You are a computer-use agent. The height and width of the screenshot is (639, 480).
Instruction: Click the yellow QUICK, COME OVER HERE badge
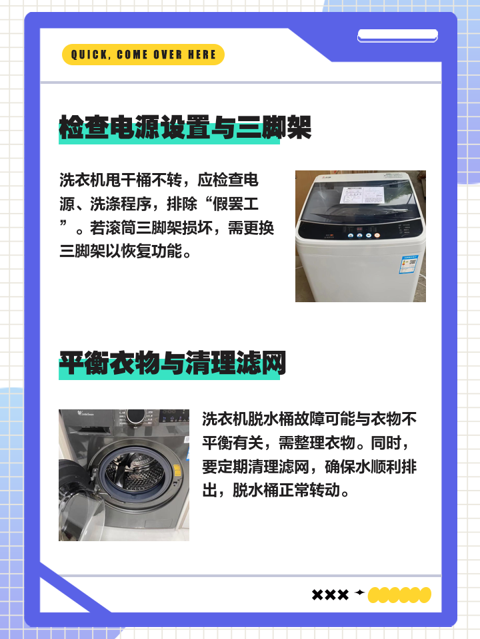[143, 55]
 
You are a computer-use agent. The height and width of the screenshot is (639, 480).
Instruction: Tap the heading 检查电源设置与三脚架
[185, 127]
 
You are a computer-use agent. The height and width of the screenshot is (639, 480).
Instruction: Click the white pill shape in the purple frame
[397, 35]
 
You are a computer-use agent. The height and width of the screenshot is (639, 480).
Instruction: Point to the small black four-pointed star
[360, 592]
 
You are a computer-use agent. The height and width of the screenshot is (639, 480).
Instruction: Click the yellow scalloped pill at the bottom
[399, 595]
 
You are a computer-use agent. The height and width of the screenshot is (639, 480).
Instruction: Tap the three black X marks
[330, 595]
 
